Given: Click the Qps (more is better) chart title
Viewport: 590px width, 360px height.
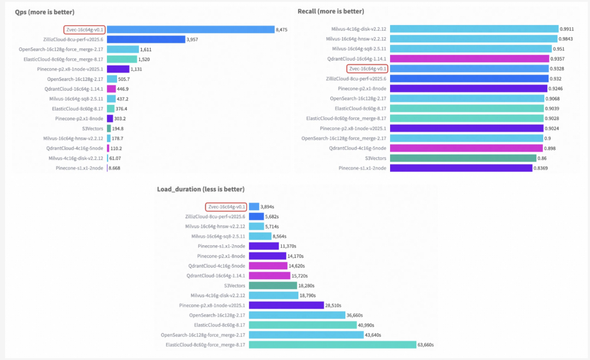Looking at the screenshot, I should click(x=45, y=11).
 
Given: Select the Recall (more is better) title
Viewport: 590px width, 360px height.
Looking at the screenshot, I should click(x=331, y=11).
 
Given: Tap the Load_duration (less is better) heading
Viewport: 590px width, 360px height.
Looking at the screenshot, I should click(x=200, y=189).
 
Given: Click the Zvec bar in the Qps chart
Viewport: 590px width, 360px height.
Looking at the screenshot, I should click(x=191, y=29).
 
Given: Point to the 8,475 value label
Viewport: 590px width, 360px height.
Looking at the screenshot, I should click(x=282, y=29).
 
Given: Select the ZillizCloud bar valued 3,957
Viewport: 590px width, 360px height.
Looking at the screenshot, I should click(x=146, y=39).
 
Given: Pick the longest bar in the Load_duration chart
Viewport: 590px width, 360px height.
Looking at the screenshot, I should click(x=333, y=345).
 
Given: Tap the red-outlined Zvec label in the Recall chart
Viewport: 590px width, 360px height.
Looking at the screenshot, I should click(x=367, y=69).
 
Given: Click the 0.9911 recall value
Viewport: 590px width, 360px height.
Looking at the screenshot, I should click(x=567, y=29).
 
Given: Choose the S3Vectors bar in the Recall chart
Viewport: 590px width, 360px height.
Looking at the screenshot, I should click(x=464, y=158).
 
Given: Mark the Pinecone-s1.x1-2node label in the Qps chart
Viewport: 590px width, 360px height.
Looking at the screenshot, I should click(x=79, y=168).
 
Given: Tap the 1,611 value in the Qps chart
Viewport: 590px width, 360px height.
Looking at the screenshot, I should click(x=147, y=49).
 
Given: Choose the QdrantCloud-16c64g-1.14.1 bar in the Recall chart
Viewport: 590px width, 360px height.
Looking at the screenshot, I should click(x=470, y=59).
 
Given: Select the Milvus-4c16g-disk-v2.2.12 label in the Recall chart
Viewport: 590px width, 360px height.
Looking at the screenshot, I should click(x=359, y=29).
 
